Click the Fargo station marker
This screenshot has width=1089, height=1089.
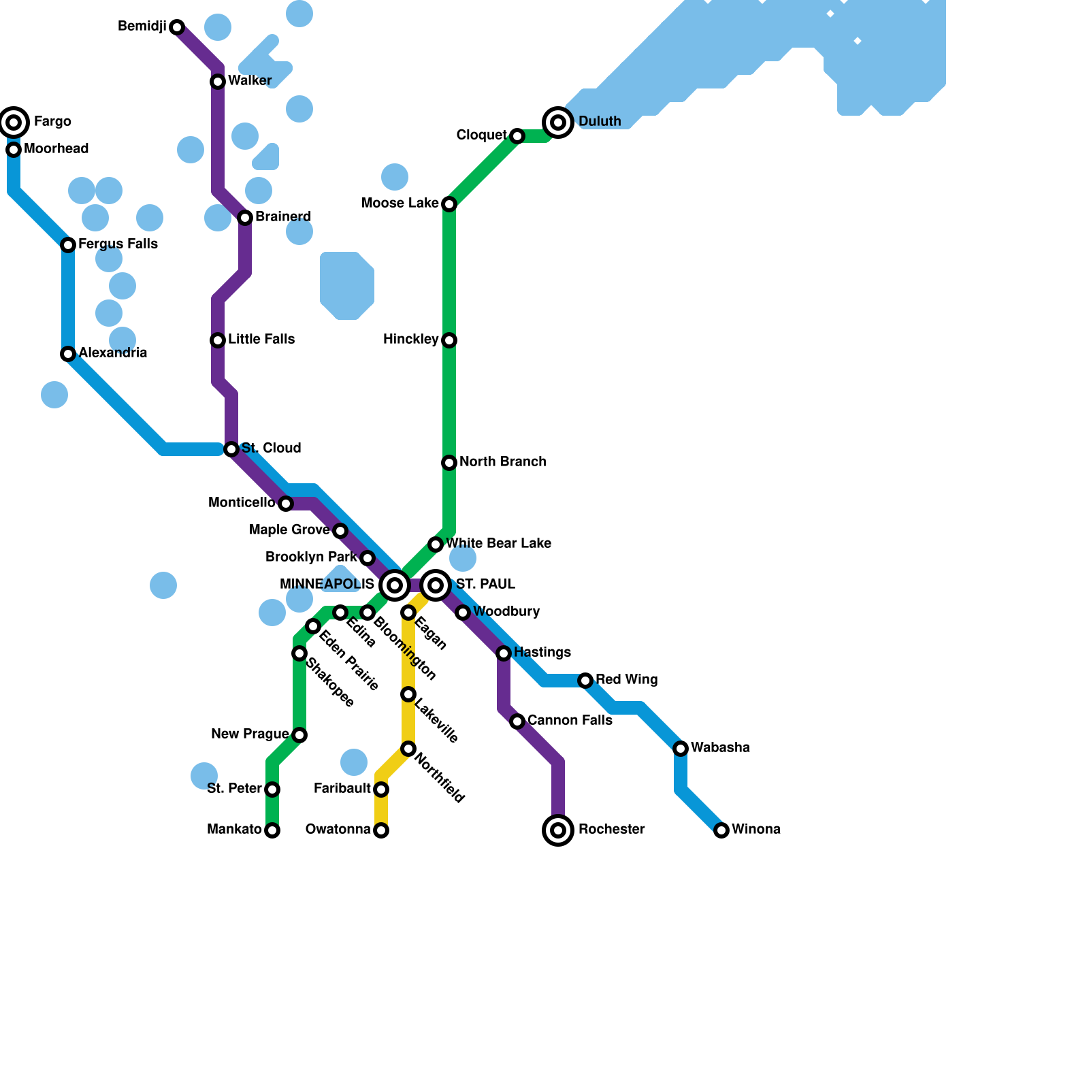(x=14, y=123)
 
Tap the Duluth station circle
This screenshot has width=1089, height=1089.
(x=558, y=123)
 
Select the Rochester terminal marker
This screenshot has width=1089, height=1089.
(x=558, y=830)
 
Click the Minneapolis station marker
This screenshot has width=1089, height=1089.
(x=395, y=585)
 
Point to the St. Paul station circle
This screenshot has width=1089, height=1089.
(x=436, y=585)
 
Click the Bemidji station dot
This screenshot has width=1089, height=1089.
(x=177, y=27)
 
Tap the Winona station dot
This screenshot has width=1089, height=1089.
(x=721, y=830)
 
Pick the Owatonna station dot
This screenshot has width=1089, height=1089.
(x=381, y=830)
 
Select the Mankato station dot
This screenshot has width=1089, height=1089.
(x=272, y=830)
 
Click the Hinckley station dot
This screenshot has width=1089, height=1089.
(x=449, y=340)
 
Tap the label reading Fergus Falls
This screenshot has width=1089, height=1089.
(x=118, y=244)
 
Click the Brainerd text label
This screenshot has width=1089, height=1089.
(x=283, y=216)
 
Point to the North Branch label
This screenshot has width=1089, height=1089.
(x=502, y=461)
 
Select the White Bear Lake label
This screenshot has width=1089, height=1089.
(x=498, y=543)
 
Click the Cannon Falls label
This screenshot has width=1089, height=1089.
(x=570, y=720)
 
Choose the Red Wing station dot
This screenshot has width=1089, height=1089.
(x=585, y=681)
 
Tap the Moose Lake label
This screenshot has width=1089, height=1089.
(x=400, y=203)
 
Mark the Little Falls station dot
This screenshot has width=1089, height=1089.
(x=218, y=340)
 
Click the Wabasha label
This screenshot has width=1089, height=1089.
(x=720, y=747)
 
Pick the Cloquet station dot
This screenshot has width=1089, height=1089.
(x=517, y=136)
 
